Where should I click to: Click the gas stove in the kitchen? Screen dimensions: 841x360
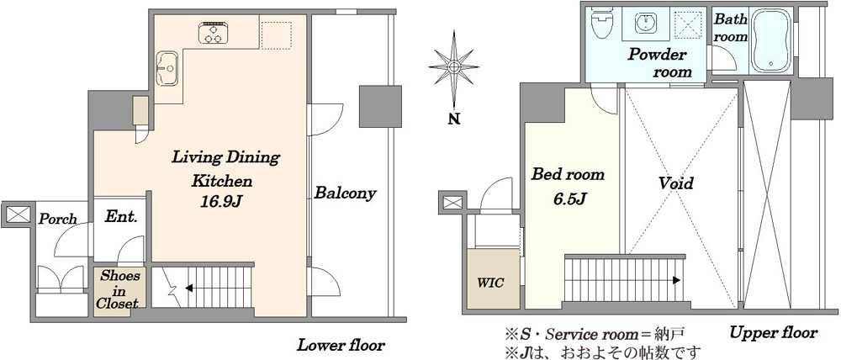click(x=213, y=33)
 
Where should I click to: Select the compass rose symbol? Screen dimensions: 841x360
click(x=454, y=67)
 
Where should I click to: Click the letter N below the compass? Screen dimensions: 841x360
click(x=454, y=119)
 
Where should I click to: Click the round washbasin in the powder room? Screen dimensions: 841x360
click(x=644, y=23)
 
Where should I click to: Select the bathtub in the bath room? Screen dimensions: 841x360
click(x=770, y=41)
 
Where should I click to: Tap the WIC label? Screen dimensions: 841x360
click(x=491, y=283)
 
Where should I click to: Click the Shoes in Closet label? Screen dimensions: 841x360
click(x=118, y=289)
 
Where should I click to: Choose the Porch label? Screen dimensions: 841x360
click(x=57, y=220)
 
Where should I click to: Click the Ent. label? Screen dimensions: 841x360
click(x=121, y=217)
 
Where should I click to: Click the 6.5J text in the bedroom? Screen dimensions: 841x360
click(x=566, y=199)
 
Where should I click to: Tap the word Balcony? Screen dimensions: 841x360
click(x=345, y=193)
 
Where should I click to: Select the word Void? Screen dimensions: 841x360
click(x=676, y=183)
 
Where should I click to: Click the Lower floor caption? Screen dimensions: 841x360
click(x=341, y=345)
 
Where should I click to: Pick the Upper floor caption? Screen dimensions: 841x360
click(x=774, y=332)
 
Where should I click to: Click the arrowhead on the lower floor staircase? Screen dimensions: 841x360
click(x=189, y=289)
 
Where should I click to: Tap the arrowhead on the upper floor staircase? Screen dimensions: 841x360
click(x=678, y=280)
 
